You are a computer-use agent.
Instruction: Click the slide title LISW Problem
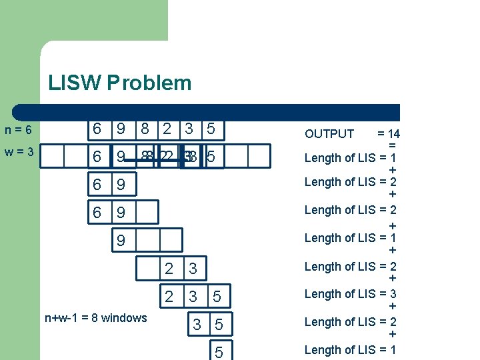click(119, 83)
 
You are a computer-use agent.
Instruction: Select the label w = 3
click(19, 153)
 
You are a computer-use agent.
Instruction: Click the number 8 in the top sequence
click(144, 129)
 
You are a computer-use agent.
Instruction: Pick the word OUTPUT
click(329, 133)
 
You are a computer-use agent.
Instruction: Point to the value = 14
click(388, 133)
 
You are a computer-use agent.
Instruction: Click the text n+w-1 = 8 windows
click(95, 318)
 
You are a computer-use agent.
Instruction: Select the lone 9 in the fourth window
click(121, 240)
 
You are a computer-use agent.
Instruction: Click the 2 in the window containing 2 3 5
click(169, 296)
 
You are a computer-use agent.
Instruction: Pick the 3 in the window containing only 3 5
click(196, 325)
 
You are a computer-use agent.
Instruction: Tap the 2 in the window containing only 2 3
click(169, 269)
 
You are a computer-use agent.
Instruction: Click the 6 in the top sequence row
click(97, 129)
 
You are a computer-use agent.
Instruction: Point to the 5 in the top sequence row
click(211, 129)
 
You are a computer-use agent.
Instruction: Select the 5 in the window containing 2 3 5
click(217, 296)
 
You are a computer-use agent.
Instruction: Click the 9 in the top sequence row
click(121, 129)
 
